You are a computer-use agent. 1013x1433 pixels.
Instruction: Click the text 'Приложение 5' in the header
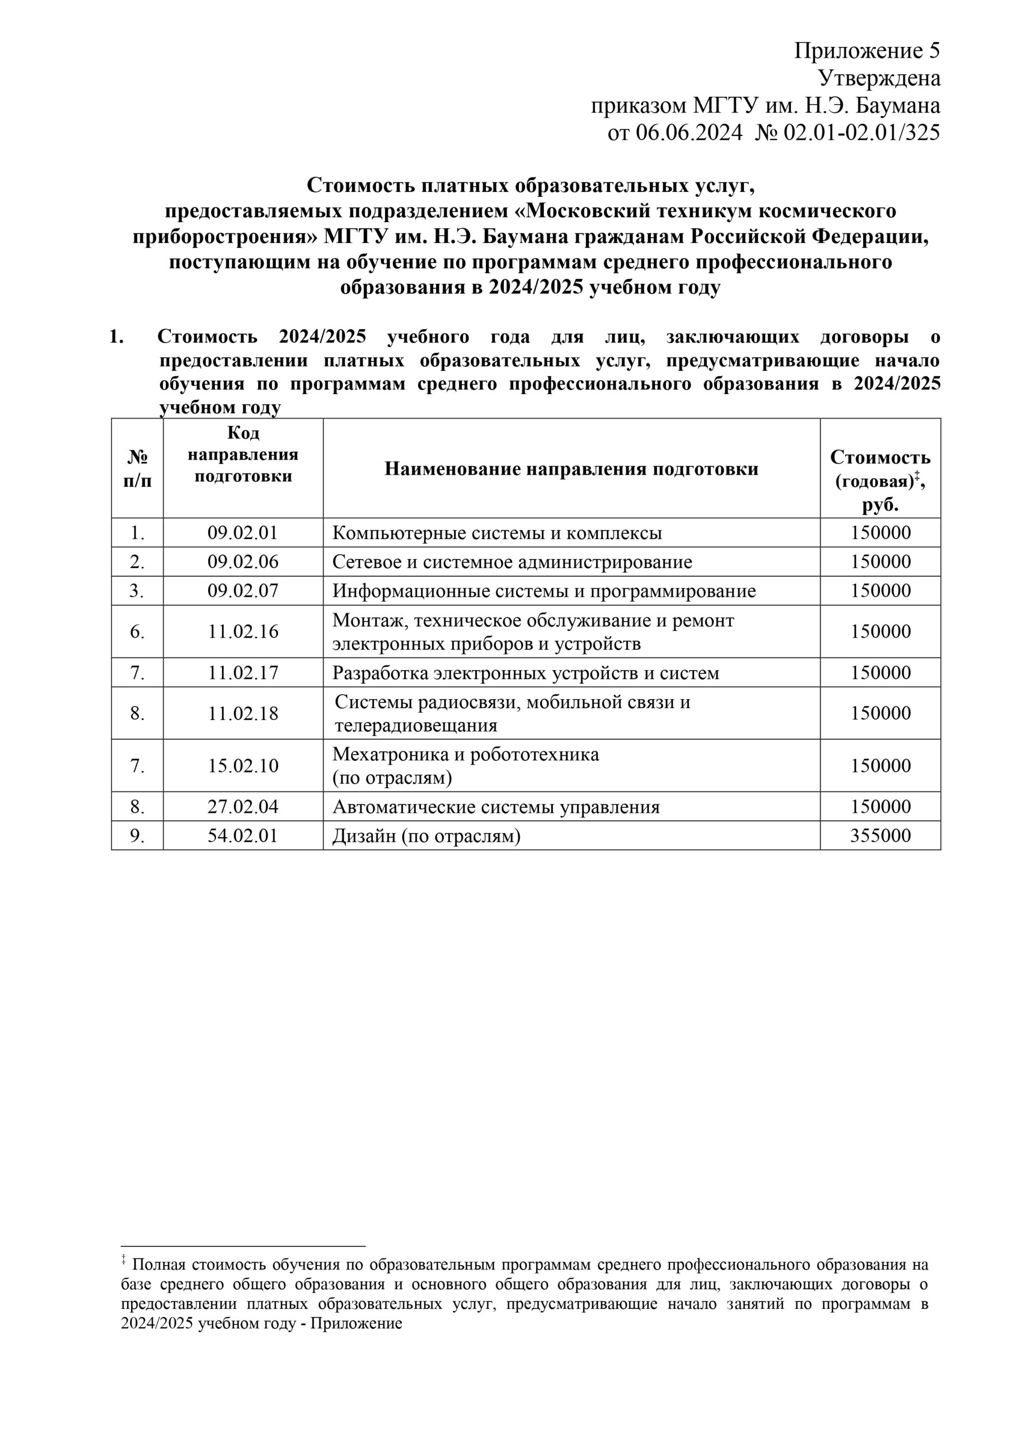click(x=866, y=51)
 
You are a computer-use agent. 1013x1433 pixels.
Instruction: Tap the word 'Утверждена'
click(x=879, y=78)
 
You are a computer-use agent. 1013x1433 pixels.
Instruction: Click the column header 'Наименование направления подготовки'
click(x=571, y=469)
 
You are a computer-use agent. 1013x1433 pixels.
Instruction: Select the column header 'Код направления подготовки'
click(x=243, y=455)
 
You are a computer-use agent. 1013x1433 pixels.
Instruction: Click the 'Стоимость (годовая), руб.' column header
click(x=880, y=480)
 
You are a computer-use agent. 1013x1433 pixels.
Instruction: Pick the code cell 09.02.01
click(x=243, y=532)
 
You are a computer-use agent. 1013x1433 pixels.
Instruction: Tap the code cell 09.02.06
click(x=243, y=561)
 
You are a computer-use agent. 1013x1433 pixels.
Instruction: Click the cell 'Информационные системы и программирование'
click(x=543, y=591)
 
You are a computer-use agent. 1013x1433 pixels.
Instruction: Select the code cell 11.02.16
click(x=243, y=631)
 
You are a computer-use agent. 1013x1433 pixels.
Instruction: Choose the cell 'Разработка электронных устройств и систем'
click(x=526, y=673)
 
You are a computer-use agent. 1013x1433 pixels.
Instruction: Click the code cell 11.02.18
click(x=243, y=713)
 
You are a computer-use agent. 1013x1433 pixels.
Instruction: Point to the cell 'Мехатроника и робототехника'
click(x=466, y=755)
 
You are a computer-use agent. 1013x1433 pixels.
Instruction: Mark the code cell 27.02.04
click(x=243, y=807)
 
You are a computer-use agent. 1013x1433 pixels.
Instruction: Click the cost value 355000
click(x=880, y=836)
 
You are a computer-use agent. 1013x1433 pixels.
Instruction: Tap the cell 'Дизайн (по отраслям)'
click(x=426, y=836)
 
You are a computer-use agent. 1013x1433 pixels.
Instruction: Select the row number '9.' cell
click(x=137, y=836)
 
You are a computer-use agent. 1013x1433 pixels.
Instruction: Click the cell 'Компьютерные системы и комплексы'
click(x=497, y=533)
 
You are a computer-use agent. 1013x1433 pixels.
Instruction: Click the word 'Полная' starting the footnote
click(x=158, y=1265)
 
